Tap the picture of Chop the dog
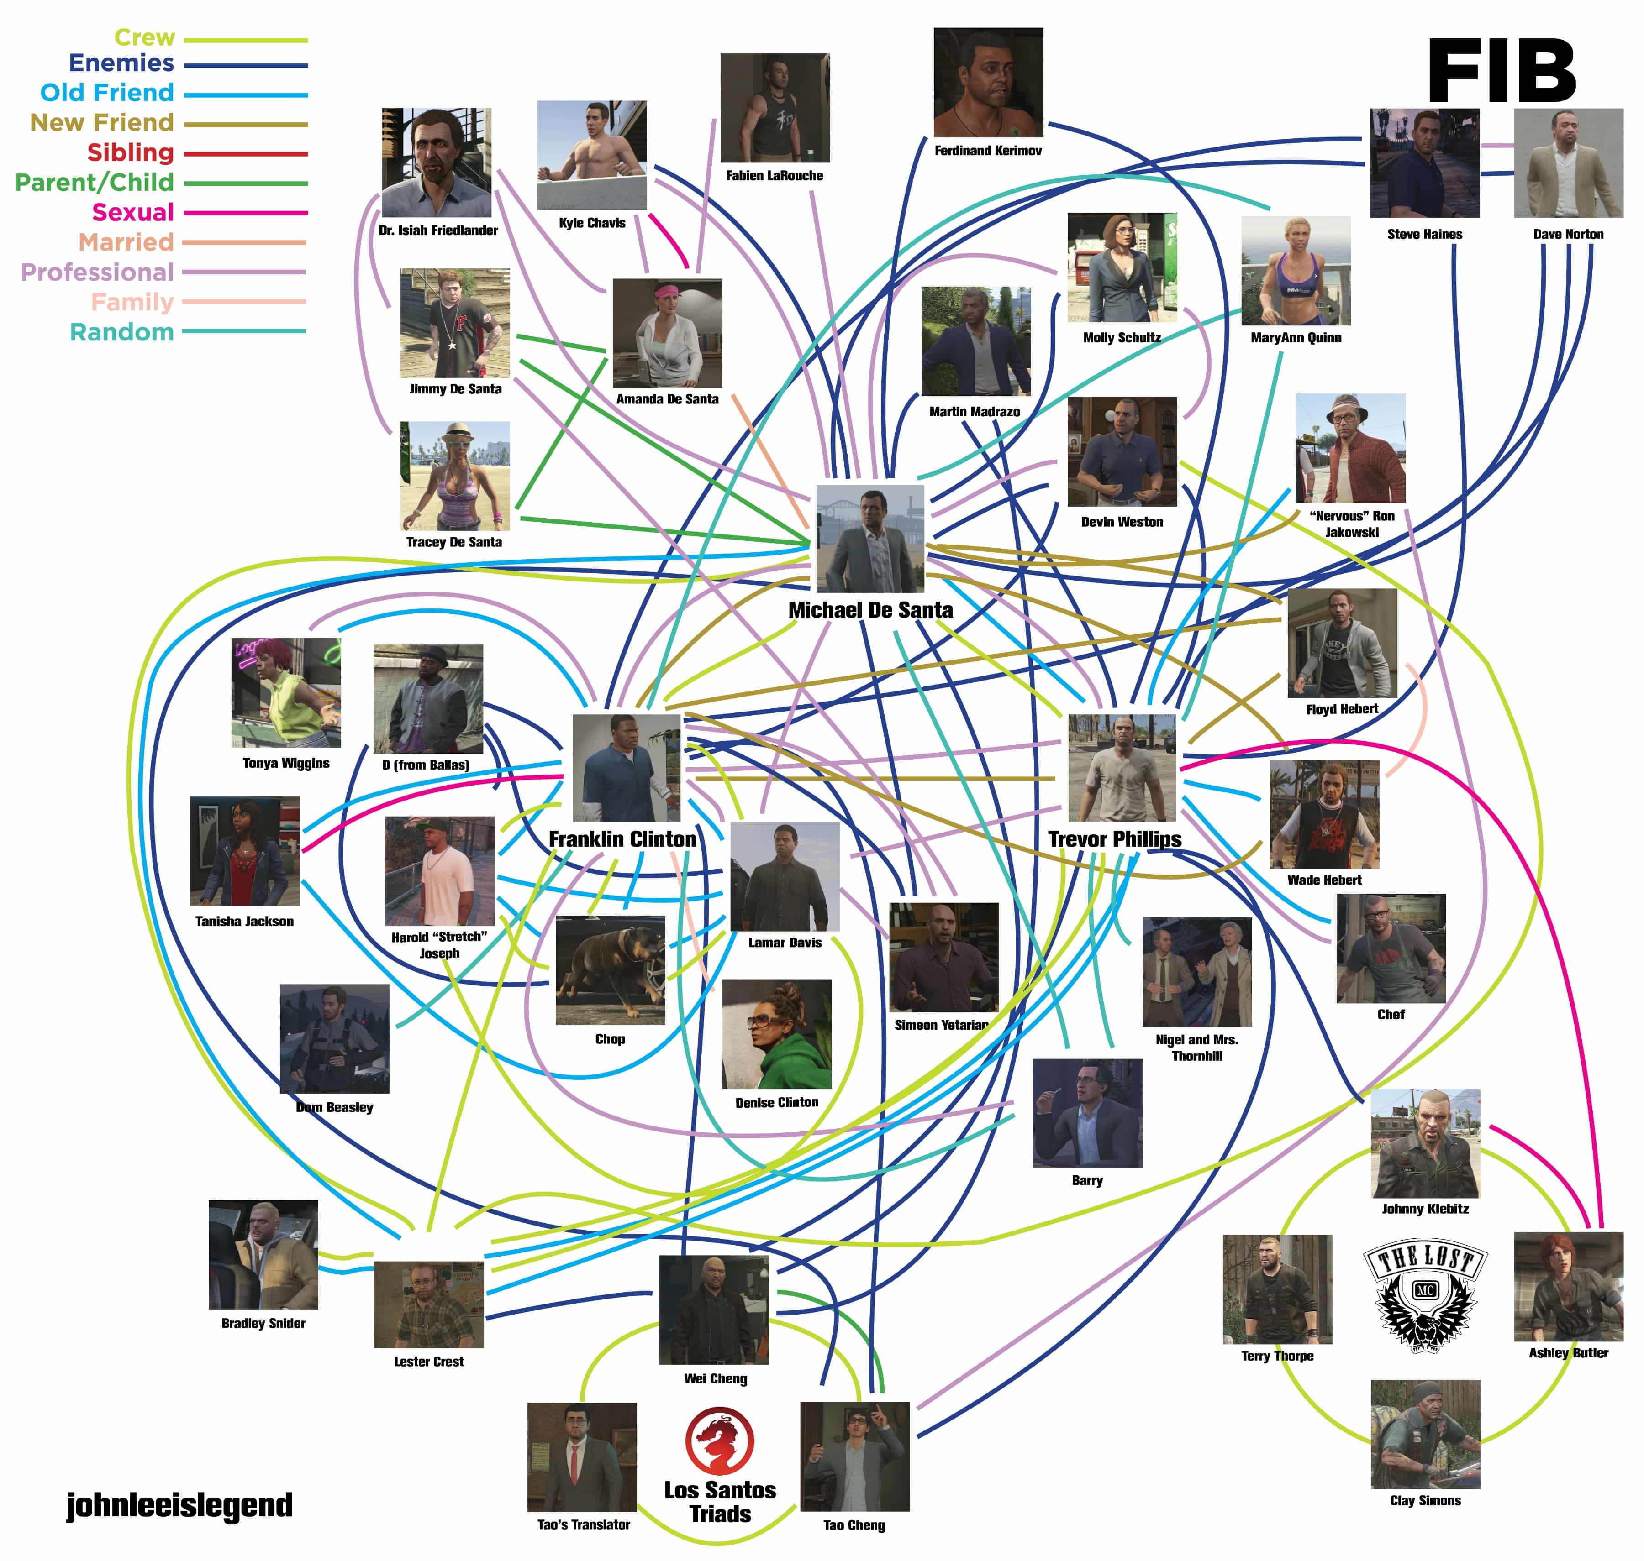610,970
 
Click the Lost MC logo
1425,1295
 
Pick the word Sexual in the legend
133,212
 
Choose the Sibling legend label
131,152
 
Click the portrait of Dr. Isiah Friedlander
436,162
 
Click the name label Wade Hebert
1323,880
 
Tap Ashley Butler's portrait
1568,1286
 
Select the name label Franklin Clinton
622,839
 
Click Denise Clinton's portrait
777,1033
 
